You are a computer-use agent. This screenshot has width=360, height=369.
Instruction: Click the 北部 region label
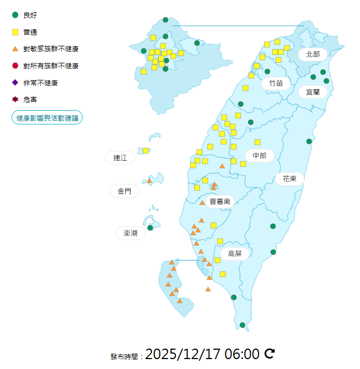pos(313,54)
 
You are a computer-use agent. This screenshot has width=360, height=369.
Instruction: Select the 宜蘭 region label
pos(313,92)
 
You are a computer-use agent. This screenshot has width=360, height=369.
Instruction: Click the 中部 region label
pos(259,156)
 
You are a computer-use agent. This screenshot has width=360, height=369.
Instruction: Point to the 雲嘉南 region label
pos(219,202)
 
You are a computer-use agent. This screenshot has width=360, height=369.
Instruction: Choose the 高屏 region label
pos(235,253)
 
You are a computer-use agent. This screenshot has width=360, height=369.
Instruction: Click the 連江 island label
pos(120,158)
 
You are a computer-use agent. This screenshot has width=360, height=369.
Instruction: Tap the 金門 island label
pos(124,192)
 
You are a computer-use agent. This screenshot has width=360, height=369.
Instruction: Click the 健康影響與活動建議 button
pos(47,118)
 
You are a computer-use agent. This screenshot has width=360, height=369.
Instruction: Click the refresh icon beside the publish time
pos(270,353)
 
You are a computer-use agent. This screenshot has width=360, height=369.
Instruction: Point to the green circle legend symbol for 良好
pos(15,15)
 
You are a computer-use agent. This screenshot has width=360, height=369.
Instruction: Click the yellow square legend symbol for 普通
pos(15,32)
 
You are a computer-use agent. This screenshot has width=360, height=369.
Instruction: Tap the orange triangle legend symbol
pos(15,49)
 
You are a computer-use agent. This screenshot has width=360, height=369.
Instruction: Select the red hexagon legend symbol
pos(15,66)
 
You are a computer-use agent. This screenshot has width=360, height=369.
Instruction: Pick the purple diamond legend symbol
pos(15,83)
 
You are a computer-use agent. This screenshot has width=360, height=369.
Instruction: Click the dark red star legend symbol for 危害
pos(15,99)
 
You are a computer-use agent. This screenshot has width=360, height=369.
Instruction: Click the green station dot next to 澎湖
pos(150,227)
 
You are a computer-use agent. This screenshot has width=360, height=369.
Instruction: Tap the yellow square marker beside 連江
pos(146,150)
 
